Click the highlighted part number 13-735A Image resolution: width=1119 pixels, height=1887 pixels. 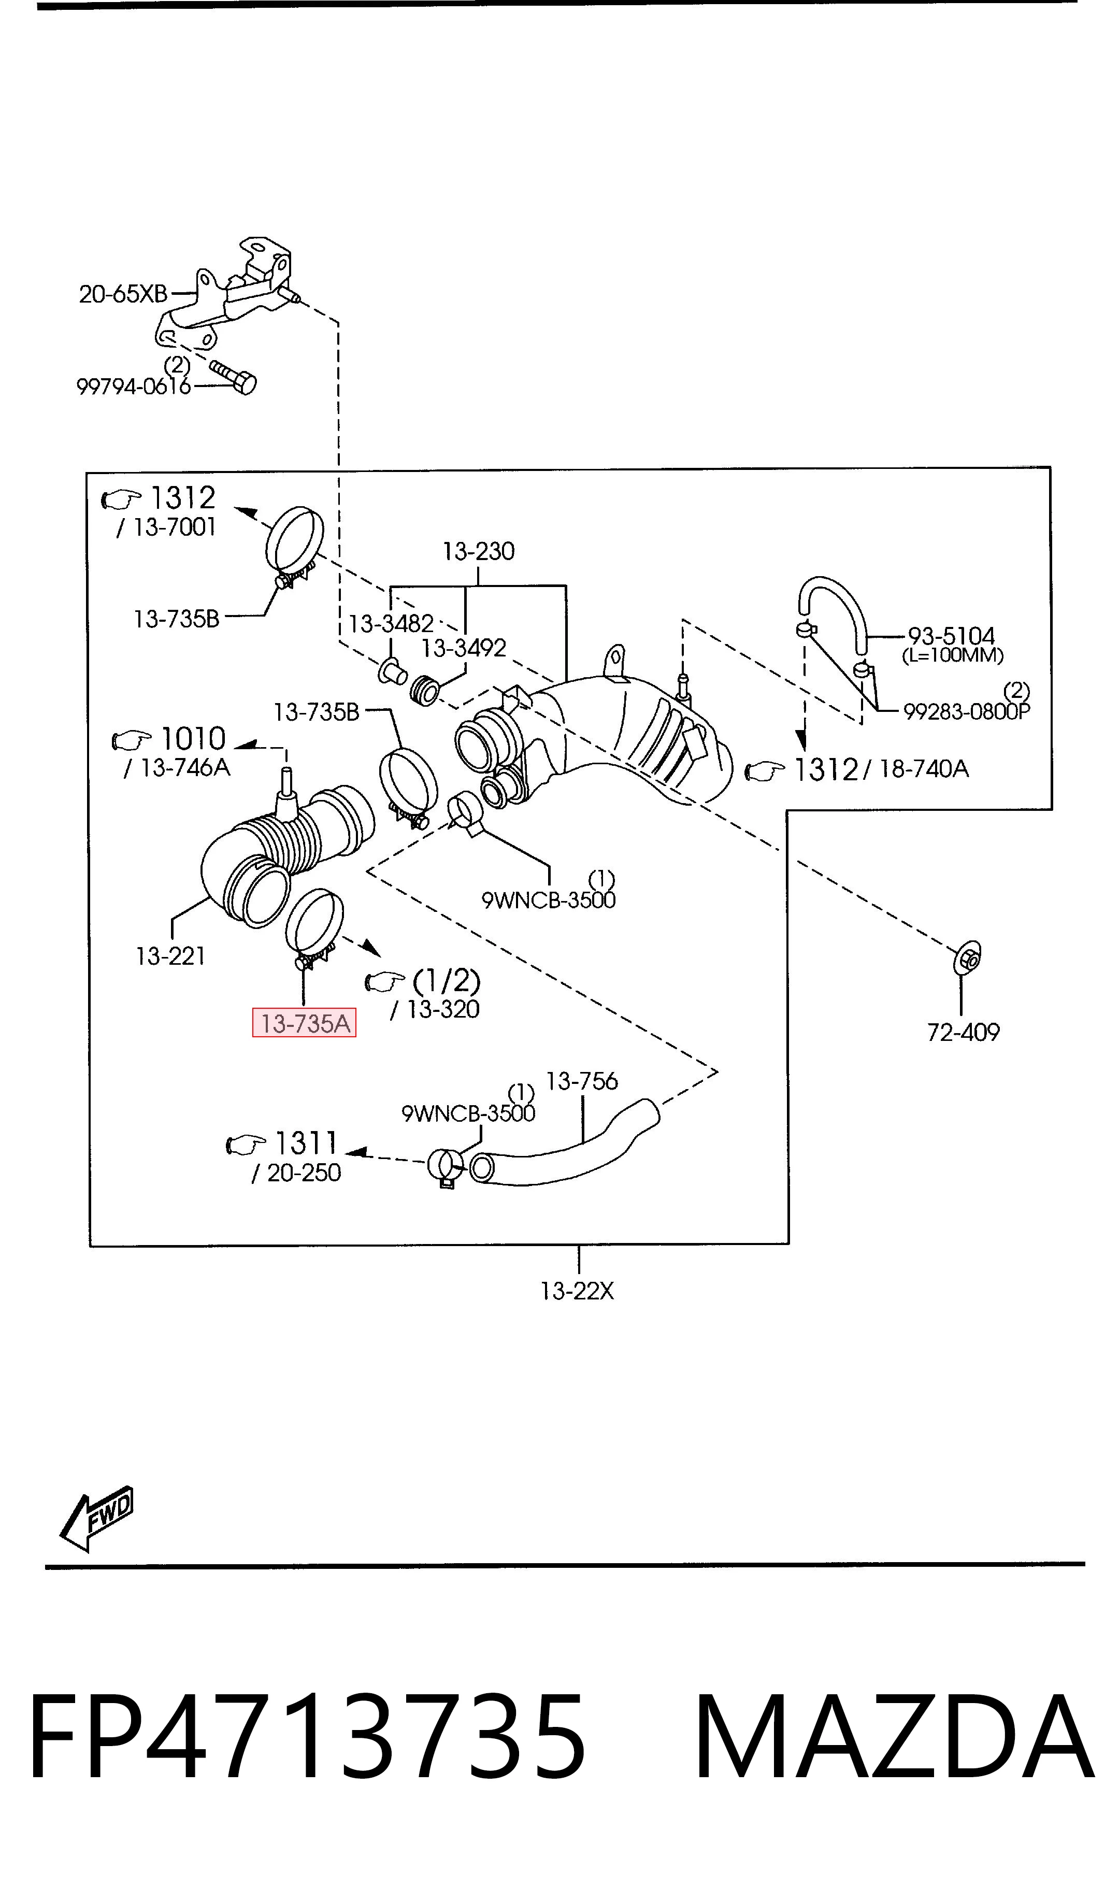coord(305,1023)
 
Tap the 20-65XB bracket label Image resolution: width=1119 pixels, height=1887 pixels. coord(123,294)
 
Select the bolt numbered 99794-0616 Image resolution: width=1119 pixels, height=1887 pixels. coord(233,376)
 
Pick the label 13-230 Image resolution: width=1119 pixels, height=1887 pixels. coord(479,551)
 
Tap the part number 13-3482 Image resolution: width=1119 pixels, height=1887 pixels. coord(391,623)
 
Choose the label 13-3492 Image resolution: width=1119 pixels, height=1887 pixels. coord(463,648)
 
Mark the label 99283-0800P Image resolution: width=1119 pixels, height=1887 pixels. coord(967,711)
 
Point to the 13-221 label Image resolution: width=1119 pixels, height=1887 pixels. coord(170,956)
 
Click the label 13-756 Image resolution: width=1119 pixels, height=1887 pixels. coord(581,1081)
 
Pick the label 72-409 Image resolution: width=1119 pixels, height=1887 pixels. coord(963,1032)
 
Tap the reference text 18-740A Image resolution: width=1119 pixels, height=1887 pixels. coord(924,769)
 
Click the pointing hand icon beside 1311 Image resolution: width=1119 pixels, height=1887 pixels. coord(247,1145)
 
